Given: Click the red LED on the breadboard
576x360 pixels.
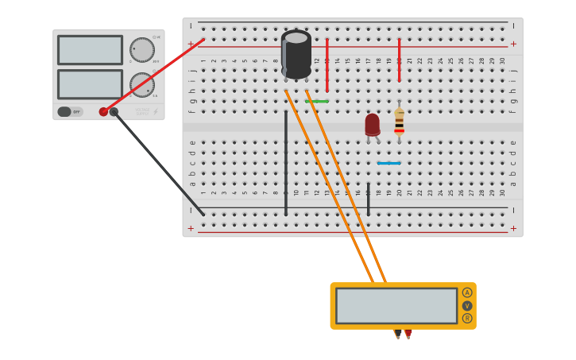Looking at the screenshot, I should (372, 125).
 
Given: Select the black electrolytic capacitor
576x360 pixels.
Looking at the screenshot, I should (296, 54).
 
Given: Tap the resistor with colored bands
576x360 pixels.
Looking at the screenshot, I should (399, 122).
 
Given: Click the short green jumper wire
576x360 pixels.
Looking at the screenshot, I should (316, 101).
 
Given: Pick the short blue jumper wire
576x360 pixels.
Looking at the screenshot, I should (389, 163).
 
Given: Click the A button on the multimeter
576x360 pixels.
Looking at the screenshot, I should (467, 292).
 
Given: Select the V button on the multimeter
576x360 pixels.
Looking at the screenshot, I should (467, 305).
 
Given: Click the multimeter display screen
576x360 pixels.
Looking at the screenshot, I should (396, 305).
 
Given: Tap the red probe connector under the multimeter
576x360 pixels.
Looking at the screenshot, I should (408, 333).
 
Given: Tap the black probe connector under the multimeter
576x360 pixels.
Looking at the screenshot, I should (398, 333).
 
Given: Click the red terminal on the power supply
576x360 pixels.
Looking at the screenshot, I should (103, 111).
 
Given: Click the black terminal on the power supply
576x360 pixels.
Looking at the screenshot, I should (114, 111).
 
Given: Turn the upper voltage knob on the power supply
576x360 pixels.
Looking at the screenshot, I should (142, 49).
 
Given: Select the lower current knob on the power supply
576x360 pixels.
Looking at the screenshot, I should (142, 84).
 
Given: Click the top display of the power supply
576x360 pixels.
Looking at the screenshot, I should (90, 50).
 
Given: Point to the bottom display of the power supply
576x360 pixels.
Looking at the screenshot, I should (90, 84).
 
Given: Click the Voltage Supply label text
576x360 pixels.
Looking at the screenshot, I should (142, 111).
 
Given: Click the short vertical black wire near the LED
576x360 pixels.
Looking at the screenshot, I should (368, 199).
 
